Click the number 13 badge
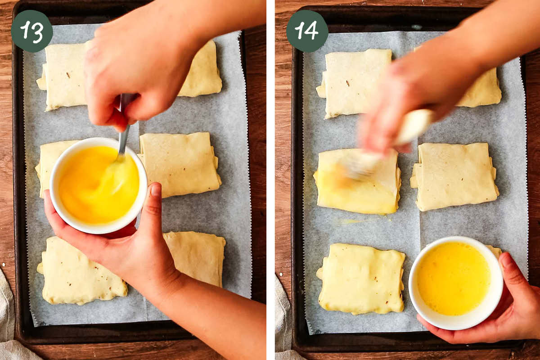point(31,31)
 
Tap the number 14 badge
point(307,31)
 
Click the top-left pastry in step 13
point(63,76)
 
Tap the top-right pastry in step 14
point(484,90)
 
